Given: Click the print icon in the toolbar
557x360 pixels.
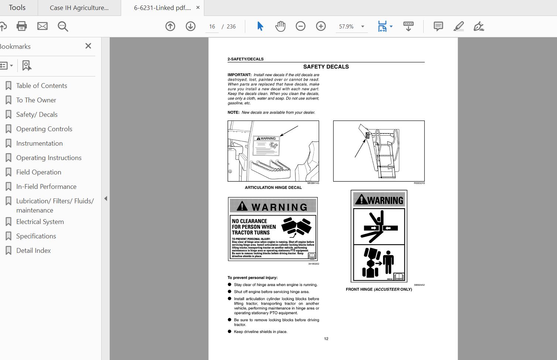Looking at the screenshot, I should (22, 26).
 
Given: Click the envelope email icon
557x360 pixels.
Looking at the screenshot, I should (42, 26).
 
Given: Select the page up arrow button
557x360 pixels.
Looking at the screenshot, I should (170, 26).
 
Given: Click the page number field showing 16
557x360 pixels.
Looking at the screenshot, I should (212, 27).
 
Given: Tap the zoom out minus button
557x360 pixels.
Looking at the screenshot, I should (301, 26).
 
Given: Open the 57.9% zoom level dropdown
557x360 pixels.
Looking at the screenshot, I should (363, 27).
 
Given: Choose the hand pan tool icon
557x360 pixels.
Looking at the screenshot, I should (280, 26).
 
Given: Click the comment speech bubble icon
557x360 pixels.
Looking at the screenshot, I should (438, 26).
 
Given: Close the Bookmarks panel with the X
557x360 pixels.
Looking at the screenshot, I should (88, 46).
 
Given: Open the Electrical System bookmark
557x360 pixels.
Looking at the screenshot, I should (40, 222).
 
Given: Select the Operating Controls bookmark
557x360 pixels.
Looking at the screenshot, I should (44, 129).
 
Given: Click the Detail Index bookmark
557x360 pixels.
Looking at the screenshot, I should (33, 251).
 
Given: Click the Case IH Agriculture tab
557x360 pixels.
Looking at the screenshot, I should (79, 8).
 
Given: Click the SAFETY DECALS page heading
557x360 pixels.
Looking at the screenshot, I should (326, 67).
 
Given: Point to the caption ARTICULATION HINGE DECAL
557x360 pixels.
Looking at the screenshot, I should (273, 187).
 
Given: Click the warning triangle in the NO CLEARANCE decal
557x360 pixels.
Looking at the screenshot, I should (242, 206).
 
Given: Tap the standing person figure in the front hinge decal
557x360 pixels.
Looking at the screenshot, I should (388, 262).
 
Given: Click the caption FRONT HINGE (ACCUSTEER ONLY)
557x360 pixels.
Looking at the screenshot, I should (379, 289).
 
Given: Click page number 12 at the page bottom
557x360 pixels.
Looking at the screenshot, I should (326, 339).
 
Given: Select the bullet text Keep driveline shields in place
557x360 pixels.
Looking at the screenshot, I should (260, 332).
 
